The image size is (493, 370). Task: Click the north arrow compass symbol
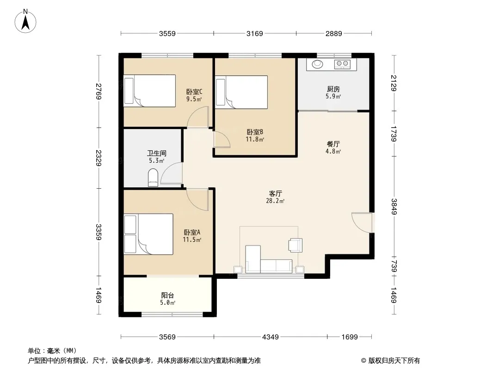coord(25,21)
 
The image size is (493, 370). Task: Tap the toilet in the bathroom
coord(153,177)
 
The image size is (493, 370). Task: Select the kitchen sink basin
coord(317,64)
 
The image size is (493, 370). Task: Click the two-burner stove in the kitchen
coord(342,64)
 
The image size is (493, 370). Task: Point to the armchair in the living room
coord(296,245)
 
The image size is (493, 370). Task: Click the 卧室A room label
coord(192,232)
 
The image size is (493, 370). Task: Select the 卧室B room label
coord(255,132)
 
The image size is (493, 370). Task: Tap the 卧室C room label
coord(194,92)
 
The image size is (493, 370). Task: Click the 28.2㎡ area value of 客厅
coord(275,201)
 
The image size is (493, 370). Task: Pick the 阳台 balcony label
coord(167,295)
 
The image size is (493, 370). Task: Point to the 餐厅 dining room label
coord(333,144)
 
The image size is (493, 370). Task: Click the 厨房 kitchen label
coord(333,89)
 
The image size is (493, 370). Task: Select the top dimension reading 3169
coord(255,33)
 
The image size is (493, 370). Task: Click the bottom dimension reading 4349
coord(271,337)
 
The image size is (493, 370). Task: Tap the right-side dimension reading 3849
coord(394,207)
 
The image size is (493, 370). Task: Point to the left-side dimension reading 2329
coord(99,158)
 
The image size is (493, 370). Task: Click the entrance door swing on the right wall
coord(362,222)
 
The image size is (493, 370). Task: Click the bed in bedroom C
coord(149,91)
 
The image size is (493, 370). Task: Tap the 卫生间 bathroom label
coord(157,154)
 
